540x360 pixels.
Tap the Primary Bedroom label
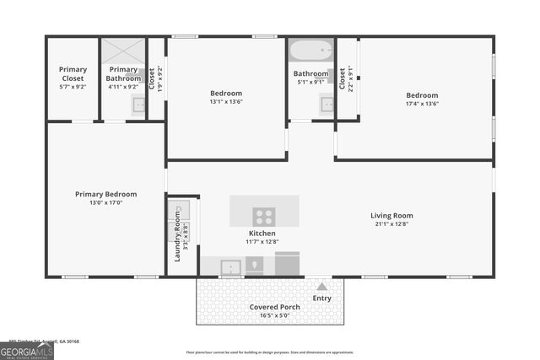[105, 194]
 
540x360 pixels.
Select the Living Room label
[391, 215]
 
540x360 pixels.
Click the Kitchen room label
[262, 233]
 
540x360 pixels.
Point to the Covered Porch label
[274, 307]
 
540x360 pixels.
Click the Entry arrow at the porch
[321, 287]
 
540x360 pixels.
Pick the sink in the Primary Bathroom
[138, 105]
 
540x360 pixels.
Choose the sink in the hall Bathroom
[326, 105]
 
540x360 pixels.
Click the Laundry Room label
[178, 237]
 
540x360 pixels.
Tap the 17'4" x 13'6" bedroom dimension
[422, 105]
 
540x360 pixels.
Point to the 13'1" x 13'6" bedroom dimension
[225, 102]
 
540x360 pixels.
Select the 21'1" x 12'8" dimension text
[391, 224]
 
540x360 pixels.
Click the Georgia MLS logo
[27, 351]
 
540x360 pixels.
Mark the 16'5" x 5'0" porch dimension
[274, 316]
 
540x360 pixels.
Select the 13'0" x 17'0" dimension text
[105, 203]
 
